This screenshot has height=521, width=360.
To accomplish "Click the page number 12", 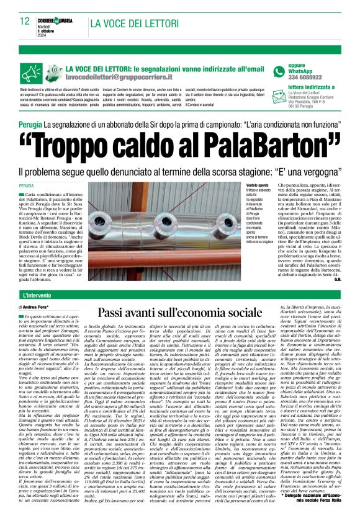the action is pos(24,22).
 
